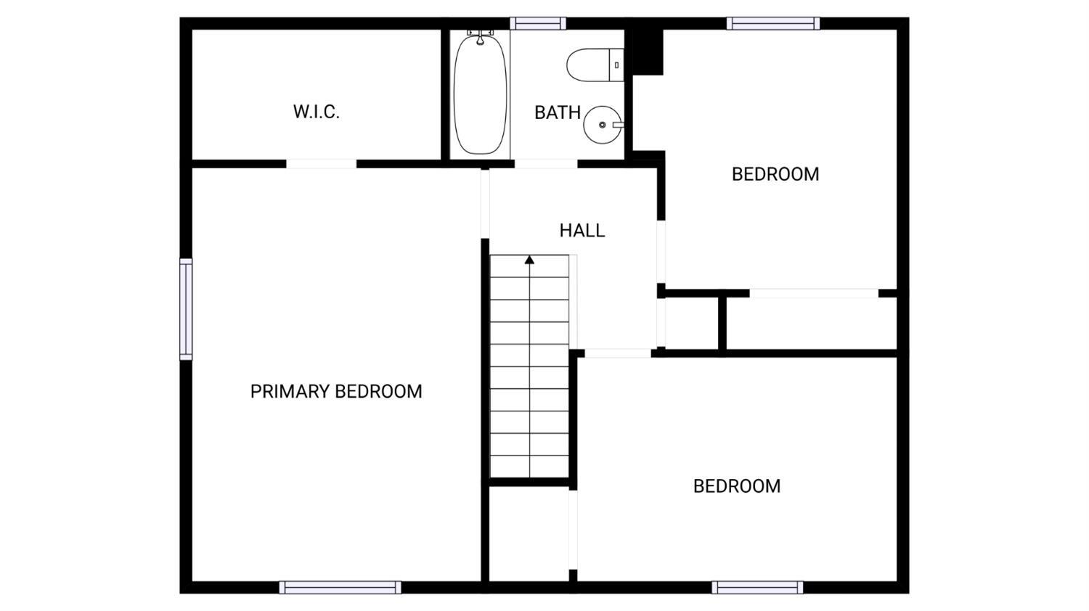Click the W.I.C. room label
316,112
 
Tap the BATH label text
557,112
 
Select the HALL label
582,231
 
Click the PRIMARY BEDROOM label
336,391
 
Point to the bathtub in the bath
480,95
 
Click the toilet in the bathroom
595,65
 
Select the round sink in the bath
603,125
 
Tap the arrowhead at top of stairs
529,260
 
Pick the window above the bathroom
538,23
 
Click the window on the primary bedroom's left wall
186,309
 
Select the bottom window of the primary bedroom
340,587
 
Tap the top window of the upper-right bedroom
773,23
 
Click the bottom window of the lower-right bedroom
757,587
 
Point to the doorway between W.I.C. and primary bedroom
322,164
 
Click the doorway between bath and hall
547,164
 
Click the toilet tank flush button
616,65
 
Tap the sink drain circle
603,125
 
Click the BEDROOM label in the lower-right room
737,486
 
